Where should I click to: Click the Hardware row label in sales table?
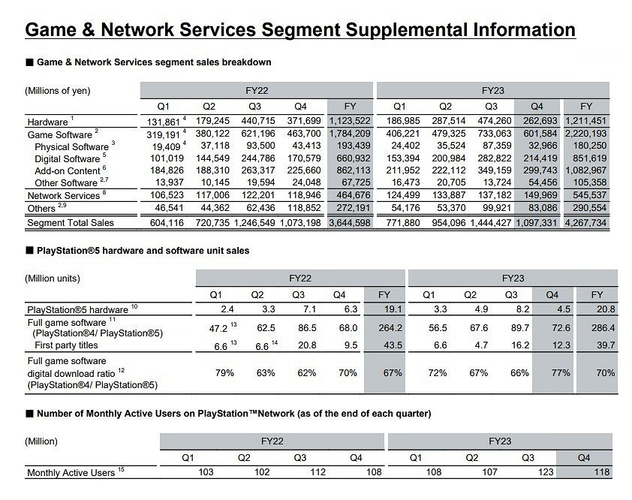pyautogui.click(x=47, y=122)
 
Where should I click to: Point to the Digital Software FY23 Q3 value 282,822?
pyautogui.click(x=491, y=158)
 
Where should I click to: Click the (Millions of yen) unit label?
pyautogui.click(x=58, y=91)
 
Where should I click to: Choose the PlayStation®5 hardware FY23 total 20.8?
pyautogui.click(x=597, y=309)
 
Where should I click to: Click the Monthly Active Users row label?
pyautogui.click(x=70, y=473)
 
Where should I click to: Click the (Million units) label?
pyautogui.click(x=53, y=279)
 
